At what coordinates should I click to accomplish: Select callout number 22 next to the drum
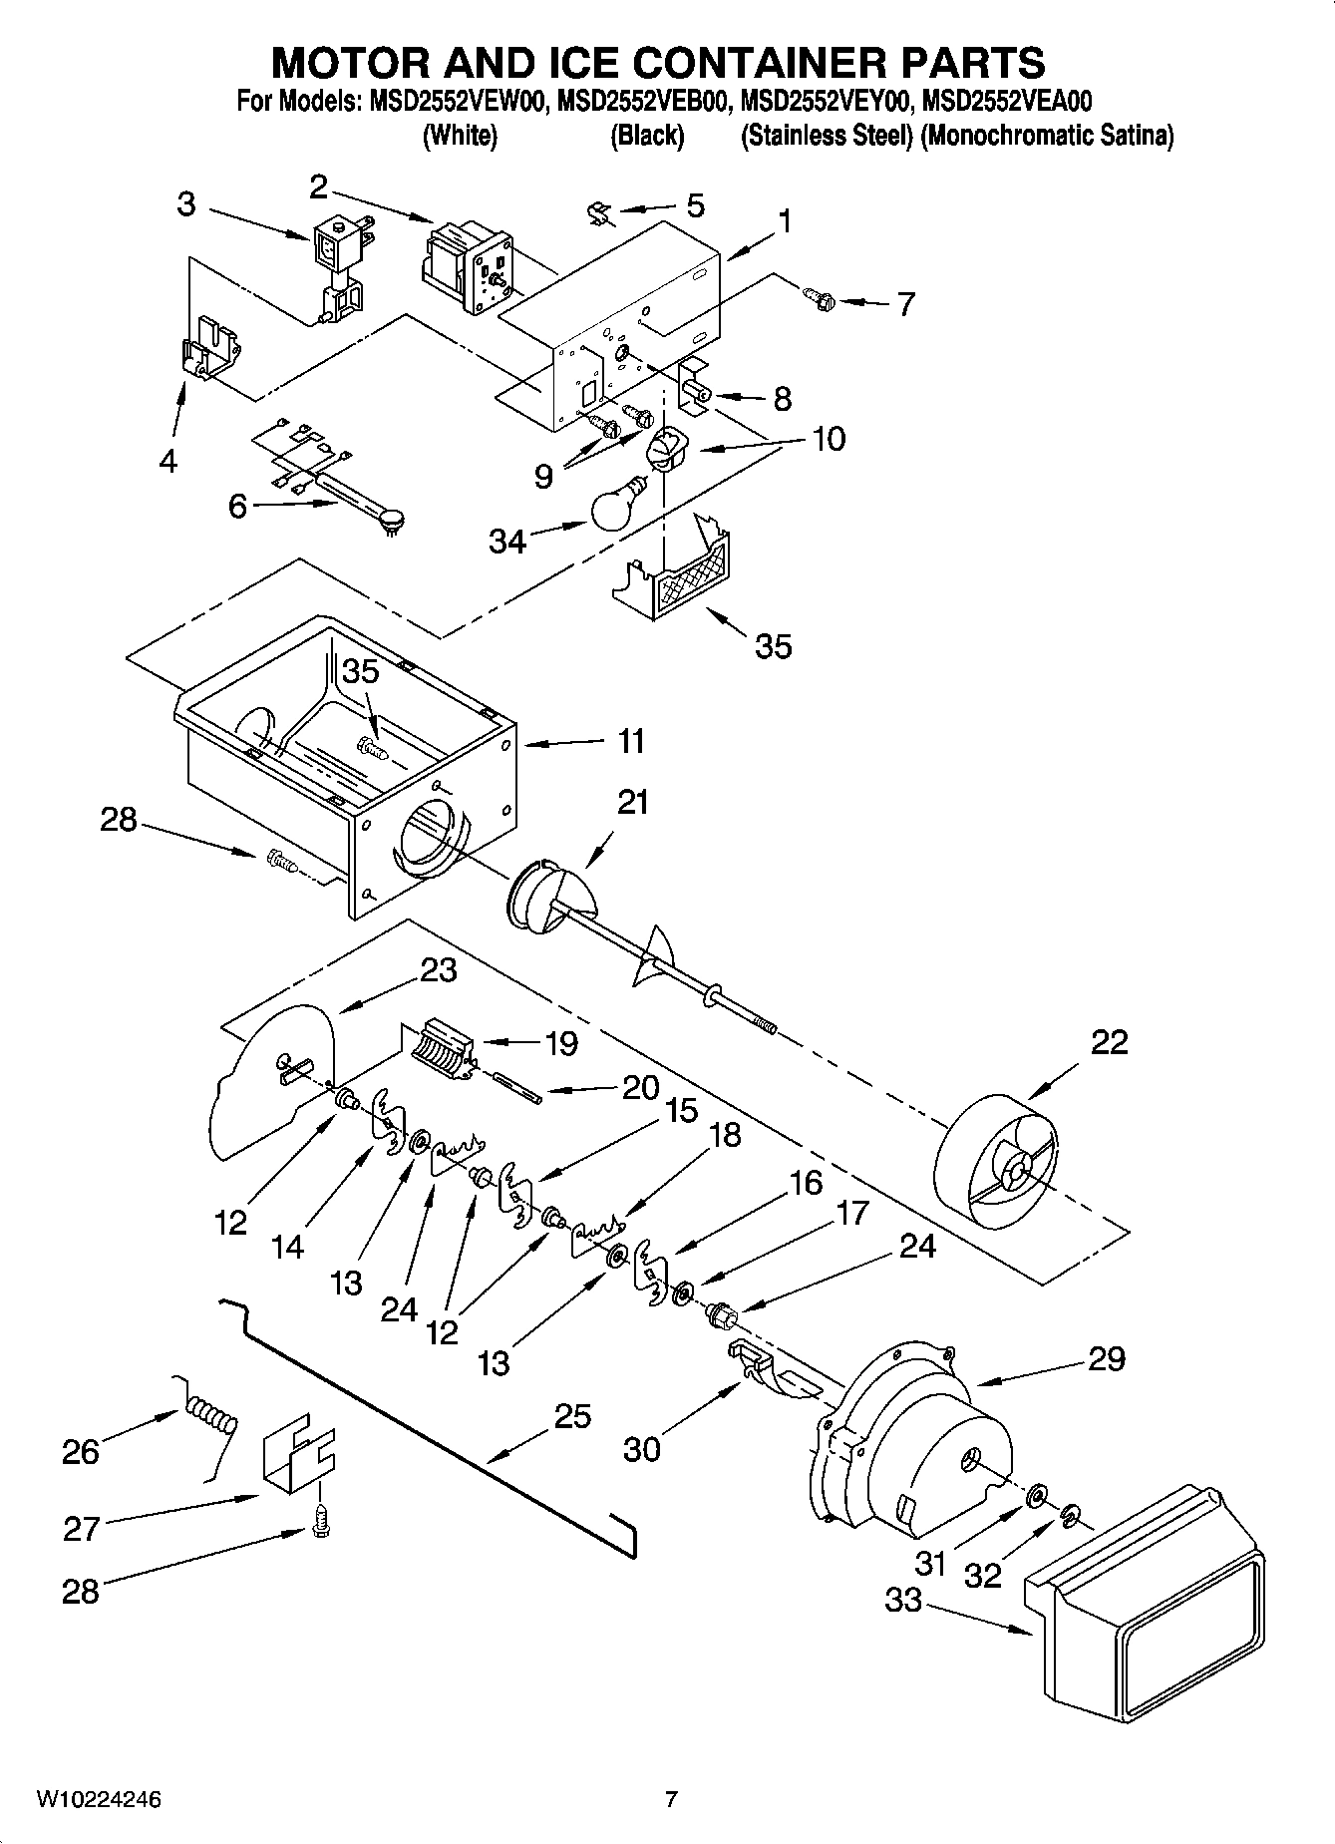click(x=1109, y=1042)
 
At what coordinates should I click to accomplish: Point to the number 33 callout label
click(x=905, y=1601)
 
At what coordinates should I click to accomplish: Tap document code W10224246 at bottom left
click(x=99, y=1800)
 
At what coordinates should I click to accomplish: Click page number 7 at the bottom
click(x=671, y=1800)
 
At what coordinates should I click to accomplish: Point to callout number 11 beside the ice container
click(x=631, y=742)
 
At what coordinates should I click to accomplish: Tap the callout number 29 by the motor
click(x=1106, y=1359)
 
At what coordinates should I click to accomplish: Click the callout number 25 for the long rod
click(x=572, y=1416)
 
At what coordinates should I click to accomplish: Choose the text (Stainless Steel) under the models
click(x=827, y=137)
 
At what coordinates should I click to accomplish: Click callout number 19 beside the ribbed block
click(x=561, y=1043)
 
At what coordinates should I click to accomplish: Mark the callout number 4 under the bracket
click(x=168, y=461)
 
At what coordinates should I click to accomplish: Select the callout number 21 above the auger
click(x=633, y=802)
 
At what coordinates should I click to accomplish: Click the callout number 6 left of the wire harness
click(x=237, y=507)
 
